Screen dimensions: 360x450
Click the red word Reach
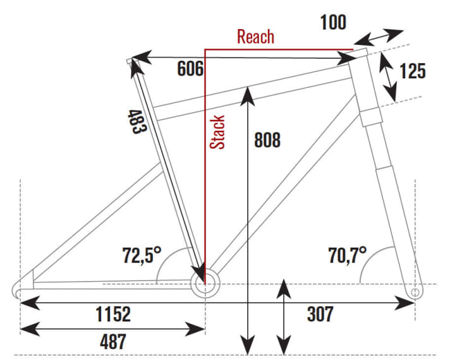[x=256, y=36]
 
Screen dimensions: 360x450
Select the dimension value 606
[x=190, y=68]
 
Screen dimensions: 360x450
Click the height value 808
[x=267, y=140]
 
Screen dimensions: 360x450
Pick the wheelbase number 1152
[x=113, y=313]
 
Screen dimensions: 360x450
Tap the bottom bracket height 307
[x=320, y=313]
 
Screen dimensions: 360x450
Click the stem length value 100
[x=333, y=23]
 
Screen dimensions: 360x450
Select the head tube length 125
[x=413, y=70]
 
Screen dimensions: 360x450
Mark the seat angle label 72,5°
[x=142, y=255]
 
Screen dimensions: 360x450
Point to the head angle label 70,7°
[x=348, y=255]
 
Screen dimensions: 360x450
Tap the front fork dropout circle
[x=415, y=292]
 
